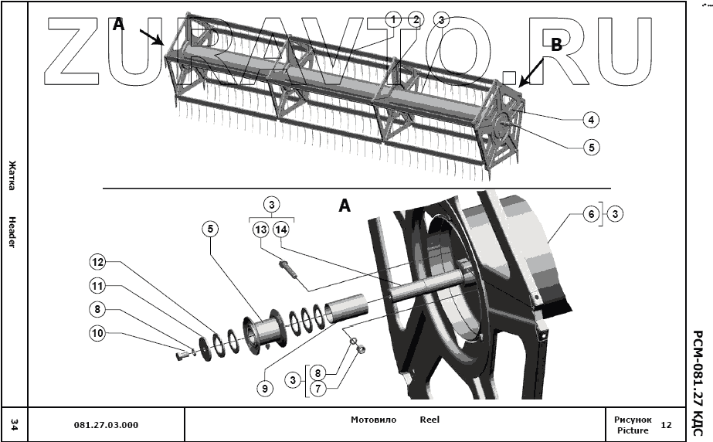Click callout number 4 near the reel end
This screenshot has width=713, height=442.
tap(590, 120)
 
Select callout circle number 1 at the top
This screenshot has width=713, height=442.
tap(394, 19)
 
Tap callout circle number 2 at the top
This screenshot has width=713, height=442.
tap(416, 19)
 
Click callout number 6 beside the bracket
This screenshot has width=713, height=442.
tap(592, 214)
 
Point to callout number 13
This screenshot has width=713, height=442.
tap(260, 229)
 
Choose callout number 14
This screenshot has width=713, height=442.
tap(281, 229)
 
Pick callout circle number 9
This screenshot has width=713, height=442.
tap(265, 389)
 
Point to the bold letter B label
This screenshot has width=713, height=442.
tap(556, 46)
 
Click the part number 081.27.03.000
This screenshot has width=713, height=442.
tap(106, 424)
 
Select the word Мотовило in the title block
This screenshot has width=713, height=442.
tap(373, 420)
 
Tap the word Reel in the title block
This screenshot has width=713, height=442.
tap(429, 420)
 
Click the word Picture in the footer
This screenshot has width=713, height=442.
tap(632, 430)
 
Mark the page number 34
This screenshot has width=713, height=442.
tap(13, 424)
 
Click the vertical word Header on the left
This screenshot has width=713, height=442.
tap(12, 232)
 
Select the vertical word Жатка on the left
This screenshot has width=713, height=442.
tap(12, 175)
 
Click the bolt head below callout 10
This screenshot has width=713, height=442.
tap(182, 356)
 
